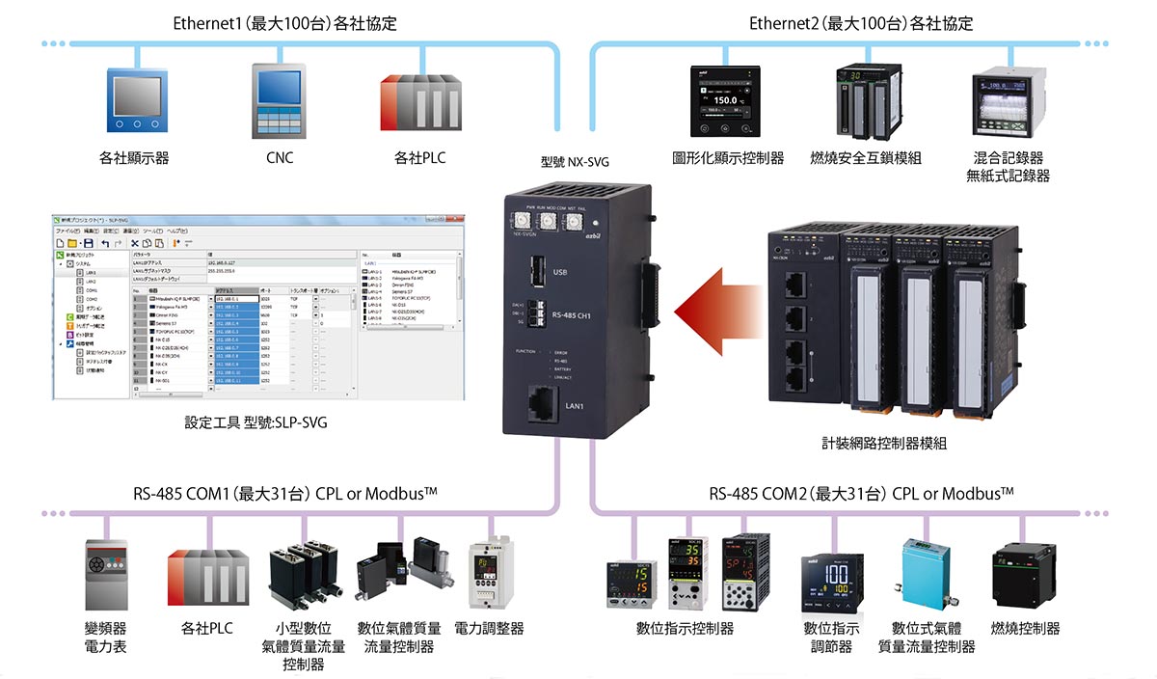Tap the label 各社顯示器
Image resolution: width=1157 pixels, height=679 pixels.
pos(134,158)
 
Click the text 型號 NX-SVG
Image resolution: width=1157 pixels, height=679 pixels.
pos(575,162)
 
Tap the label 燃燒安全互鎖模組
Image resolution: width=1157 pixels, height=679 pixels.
pos(866,158)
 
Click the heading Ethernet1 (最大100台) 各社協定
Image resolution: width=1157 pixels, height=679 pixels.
pos(284,22)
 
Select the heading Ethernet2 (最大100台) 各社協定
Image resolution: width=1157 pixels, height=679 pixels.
pos(861,22)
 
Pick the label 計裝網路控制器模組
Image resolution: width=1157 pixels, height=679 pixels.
pos(884,444)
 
